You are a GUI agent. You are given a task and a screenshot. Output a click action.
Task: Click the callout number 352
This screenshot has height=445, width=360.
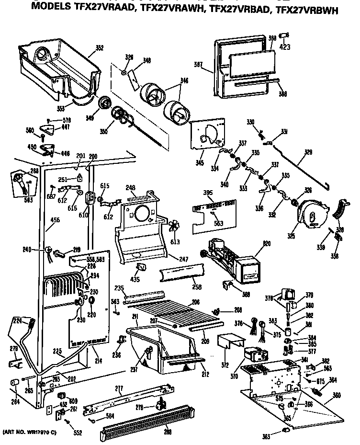[x=99, y=47]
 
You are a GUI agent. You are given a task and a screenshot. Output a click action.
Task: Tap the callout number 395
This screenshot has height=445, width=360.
[x=194, y=192]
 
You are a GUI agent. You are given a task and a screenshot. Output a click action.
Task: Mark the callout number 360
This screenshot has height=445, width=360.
[x=337, y=396]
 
